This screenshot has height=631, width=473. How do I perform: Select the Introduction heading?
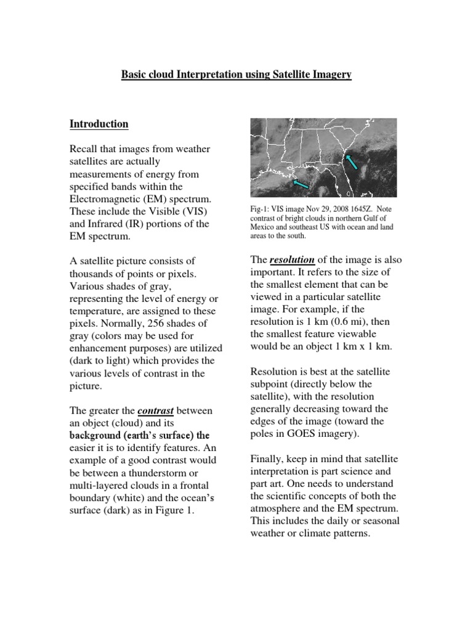[x=99, y=124]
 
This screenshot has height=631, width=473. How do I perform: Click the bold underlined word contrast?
[x=155, y=410]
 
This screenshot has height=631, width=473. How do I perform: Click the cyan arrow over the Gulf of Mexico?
[x=301, y=184]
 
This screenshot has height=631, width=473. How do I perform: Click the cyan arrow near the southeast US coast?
[x=352, y=163]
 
